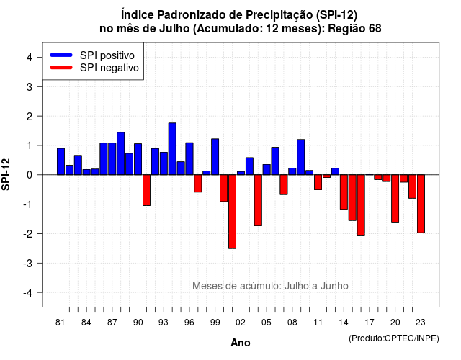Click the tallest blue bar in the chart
tap(172, 149)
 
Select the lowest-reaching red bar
tap(232, 212)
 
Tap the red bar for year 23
tap(421, 204)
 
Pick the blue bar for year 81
tap(61, 161)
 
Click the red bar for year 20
tap(395, 199)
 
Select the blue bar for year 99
tap(215, 157)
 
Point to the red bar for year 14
tap(344, 192)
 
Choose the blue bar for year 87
tap(112, 158)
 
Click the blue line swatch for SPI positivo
tap(61, 55)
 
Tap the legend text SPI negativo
tap(109, 68)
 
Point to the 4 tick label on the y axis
tap(30, 58)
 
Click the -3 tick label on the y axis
tap(27, 264)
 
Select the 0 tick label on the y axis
tap(30, 175)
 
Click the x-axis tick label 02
tap(241, 323)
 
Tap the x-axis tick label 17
tap(370, 323)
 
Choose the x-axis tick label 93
tap(164, 323)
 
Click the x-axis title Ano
tap(241, 343)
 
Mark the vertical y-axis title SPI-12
tap(6, 174)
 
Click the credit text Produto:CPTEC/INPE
tap(394, 338)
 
